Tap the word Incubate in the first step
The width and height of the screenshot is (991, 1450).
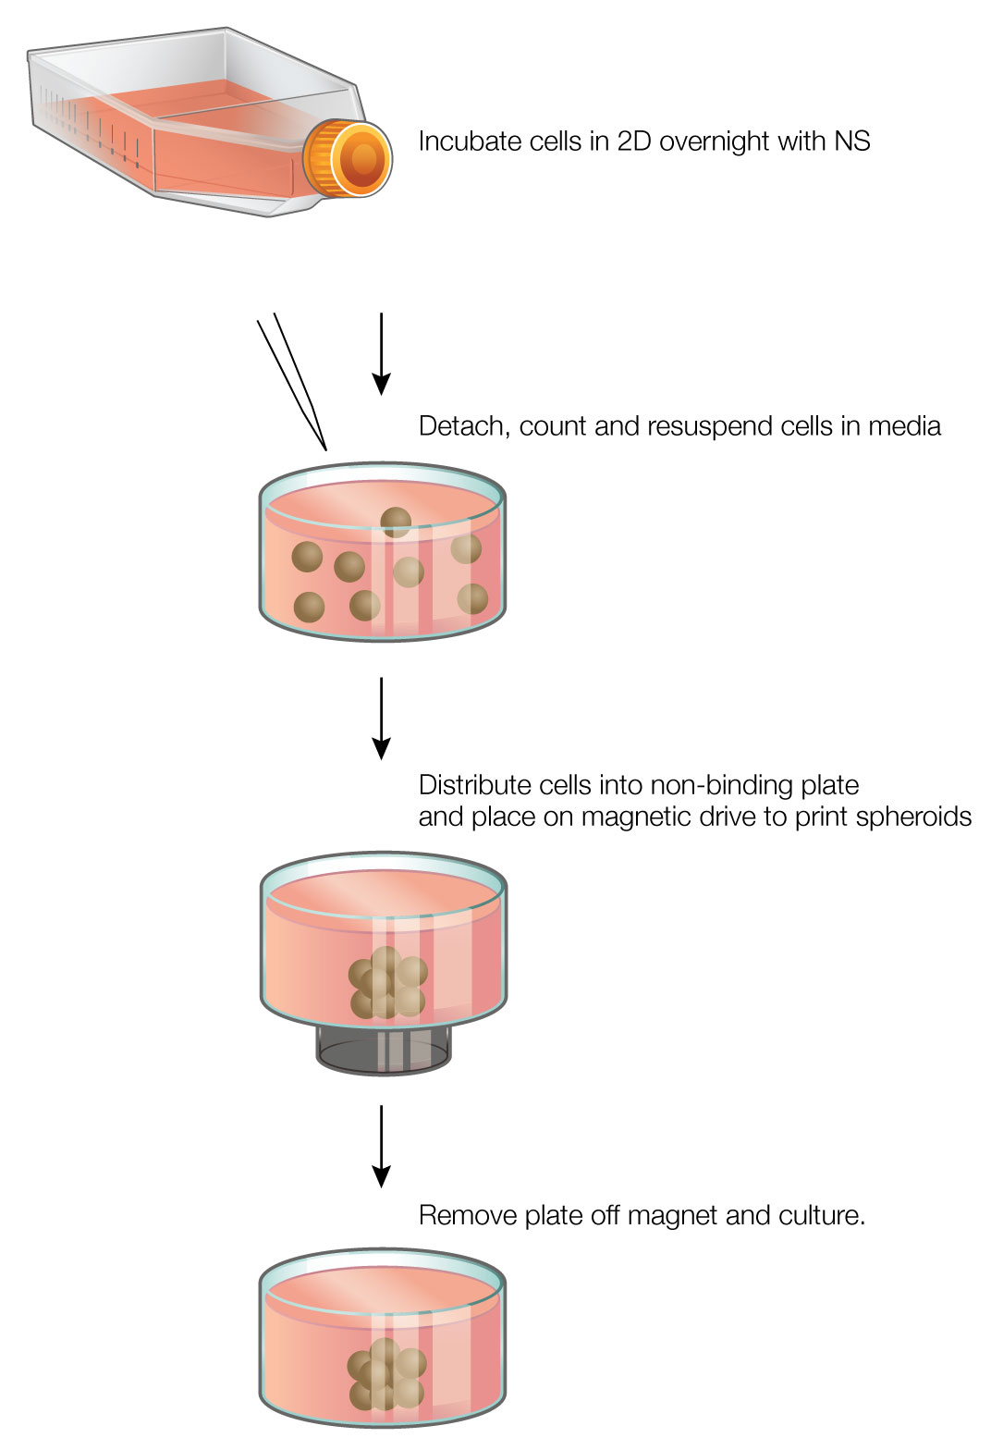468,141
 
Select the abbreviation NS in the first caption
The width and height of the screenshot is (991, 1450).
851,141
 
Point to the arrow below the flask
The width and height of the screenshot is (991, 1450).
381,355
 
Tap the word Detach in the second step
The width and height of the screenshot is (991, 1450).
463,426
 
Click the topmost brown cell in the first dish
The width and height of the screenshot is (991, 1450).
396,522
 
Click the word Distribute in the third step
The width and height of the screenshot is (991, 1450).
477,785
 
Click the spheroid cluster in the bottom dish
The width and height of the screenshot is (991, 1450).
385,1375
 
